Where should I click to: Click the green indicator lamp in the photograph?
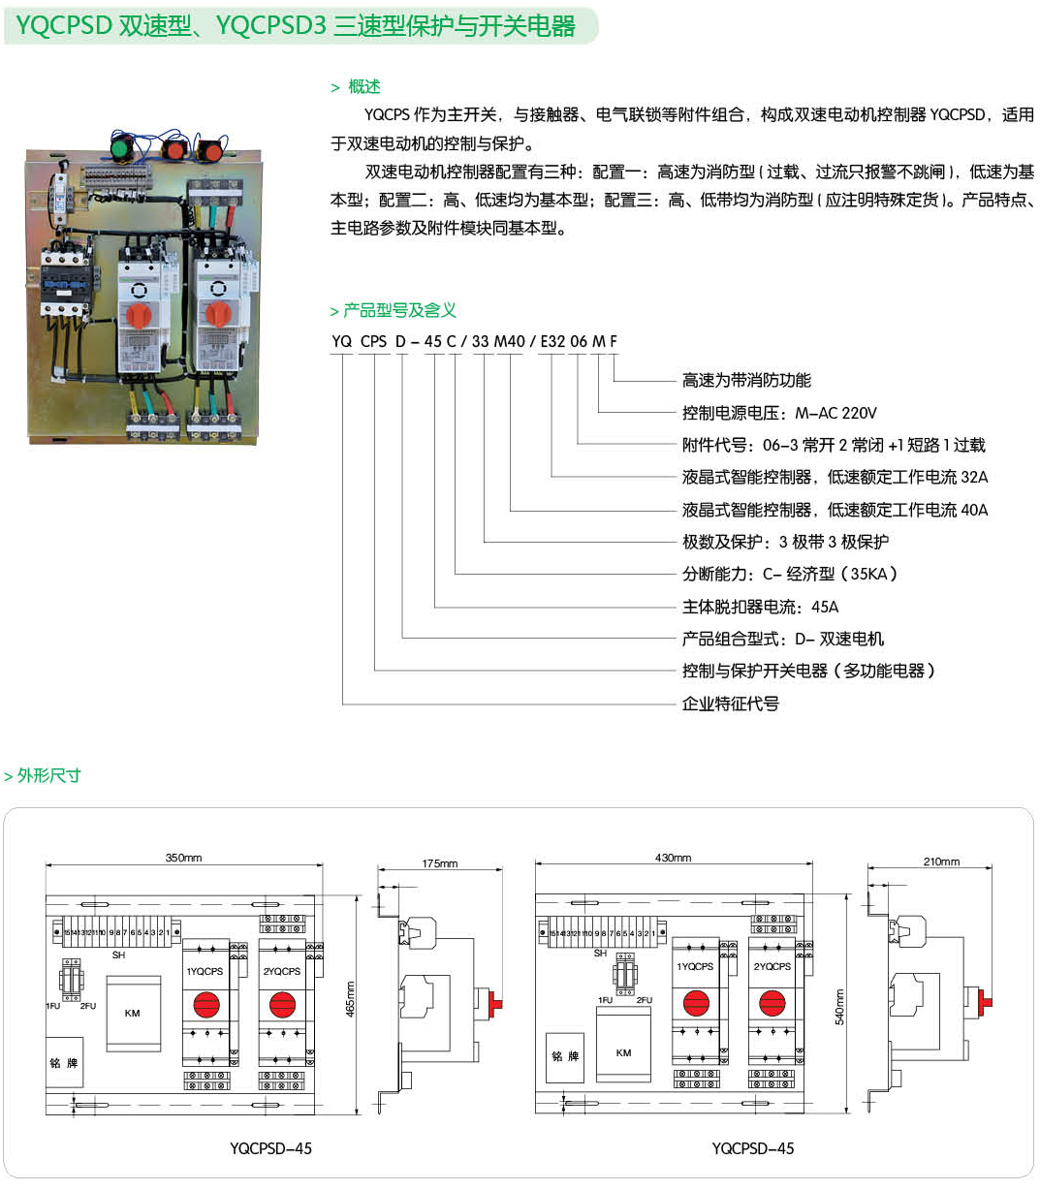(123, 150)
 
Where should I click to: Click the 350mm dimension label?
(183, 858)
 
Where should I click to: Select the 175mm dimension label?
(440, 863)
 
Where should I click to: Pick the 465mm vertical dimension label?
(351, 999)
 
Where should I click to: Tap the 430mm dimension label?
(674, 858)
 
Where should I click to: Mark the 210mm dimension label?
(941, 861)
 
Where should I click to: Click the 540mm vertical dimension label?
(839, 1006)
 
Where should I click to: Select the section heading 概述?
(363, 87)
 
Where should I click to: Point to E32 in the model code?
(552, 341)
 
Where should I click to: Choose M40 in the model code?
(510, 341)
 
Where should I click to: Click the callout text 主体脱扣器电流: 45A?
(760, 607)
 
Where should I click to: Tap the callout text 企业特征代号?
(730, 704)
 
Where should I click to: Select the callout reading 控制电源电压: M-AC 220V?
(778, 413)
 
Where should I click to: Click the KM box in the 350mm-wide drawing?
(133, 1014)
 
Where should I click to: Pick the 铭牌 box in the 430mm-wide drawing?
(565, 1056)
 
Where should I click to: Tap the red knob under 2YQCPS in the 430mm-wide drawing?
(772, 1002)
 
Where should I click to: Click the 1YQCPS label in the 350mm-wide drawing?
(205, 971)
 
